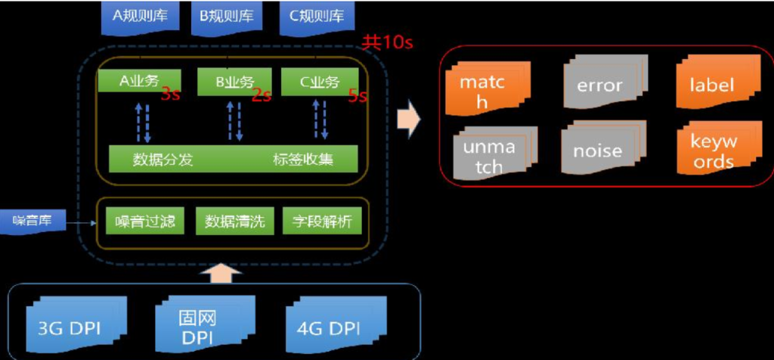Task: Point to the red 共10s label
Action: coord(387,42)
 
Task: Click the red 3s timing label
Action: coord(170,95)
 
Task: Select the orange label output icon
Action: coord(711,84)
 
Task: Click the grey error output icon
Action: coord(599,84)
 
